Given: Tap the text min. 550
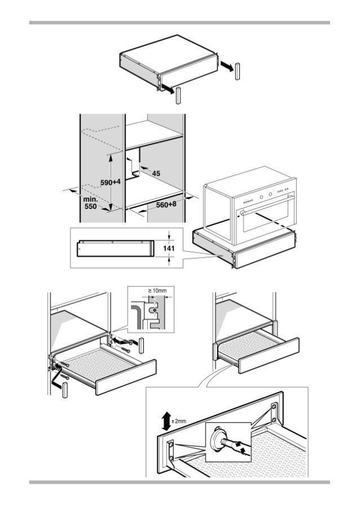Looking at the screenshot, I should pyautogui.click(x=90, y=202).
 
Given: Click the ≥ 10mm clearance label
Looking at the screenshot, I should pyautogui.click(x=158, y=291).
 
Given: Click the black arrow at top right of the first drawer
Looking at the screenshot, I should pyautogui.click(x=226, y=67).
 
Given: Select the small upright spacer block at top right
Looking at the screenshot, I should pyautogui.click(x=238, y=72).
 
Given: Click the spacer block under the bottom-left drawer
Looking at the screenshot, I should pyautogui.click(x=66, y=390).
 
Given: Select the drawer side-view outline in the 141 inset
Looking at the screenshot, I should pyautogui.click(x=115, y=247).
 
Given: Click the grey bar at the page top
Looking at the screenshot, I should pyautogui.click(x=179, y=23).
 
